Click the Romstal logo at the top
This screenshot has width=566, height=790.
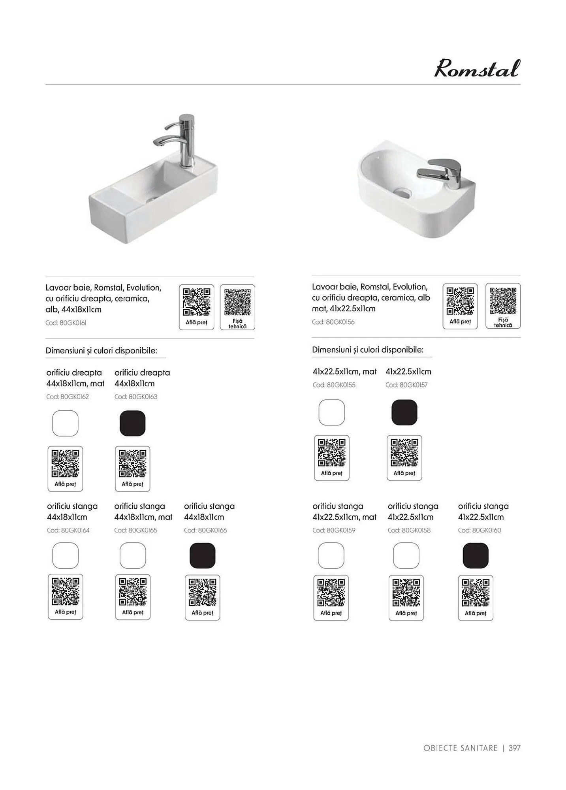point(477,69)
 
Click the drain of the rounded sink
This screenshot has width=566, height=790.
point(402,192)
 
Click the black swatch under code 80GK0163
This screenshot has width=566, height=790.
point(132,423)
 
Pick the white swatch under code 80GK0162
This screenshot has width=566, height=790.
point(65,423)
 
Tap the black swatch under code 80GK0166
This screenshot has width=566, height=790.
point(202,555)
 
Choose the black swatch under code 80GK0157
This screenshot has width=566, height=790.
point(404,412)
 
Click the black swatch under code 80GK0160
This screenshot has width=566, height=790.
point(475,556)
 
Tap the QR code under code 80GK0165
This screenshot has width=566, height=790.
point(133,592)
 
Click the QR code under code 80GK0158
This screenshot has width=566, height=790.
point(406,592)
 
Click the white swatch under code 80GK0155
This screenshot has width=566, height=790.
point(331,412)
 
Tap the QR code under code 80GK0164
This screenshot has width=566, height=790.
point(66,591)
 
